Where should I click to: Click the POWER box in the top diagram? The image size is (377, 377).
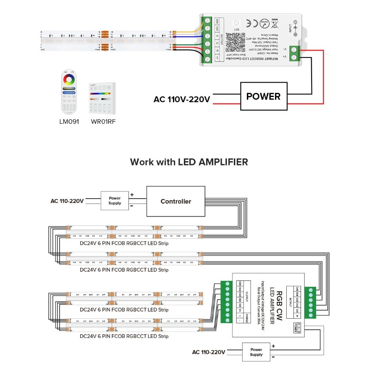[x=263, y=97]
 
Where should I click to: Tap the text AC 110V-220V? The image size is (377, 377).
[x=182, y=99]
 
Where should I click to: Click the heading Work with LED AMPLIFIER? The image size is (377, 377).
[x=189, y=162]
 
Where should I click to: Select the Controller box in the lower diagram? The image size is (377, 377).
[x=175, y=202]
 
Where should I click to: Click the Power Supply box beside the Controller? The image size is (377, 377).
[x=115, y=201]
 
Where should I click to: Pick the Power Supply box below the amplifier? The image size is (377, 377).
[x=256, y=352]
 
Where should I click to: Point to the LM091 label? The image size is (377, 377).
[x=69, y=122]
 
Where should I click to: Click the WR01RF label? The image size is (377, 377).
[x=103, y=122]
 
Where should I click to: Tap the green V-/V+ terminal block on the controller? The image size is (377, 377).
[x=295, y=52]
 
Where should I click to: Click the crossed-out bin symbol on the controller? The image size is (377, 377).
[x=275, y=24]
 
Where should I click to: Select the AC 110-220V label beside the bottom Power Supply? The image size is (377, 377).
[x=209, y=352]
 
